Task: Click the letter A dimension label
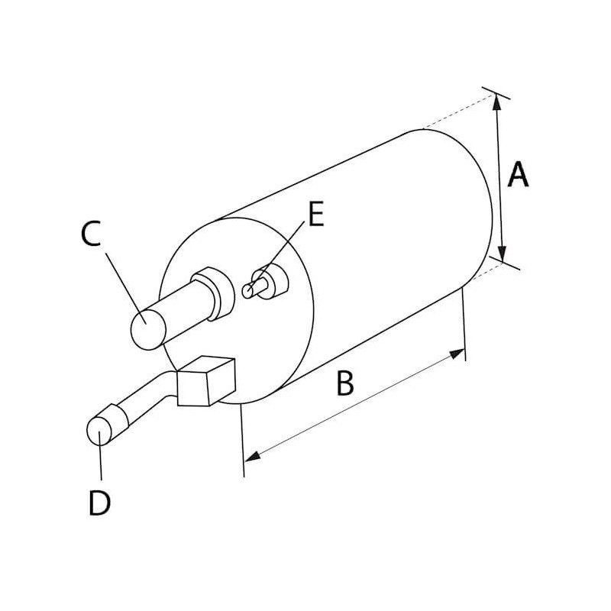[x=518, y=175]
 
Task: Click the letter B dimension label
[x=345, y=383]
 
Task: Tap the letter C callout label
[x=90, y=234]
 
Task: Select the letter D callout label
[x=99, y=503]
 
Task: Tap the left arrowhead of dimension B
[x=251, y=456]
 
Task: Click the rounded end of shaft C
[x=148, y=328]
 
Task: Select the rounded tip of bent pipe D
[x=99, y=431]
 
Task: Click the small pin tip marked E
[x=248, y=290]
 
